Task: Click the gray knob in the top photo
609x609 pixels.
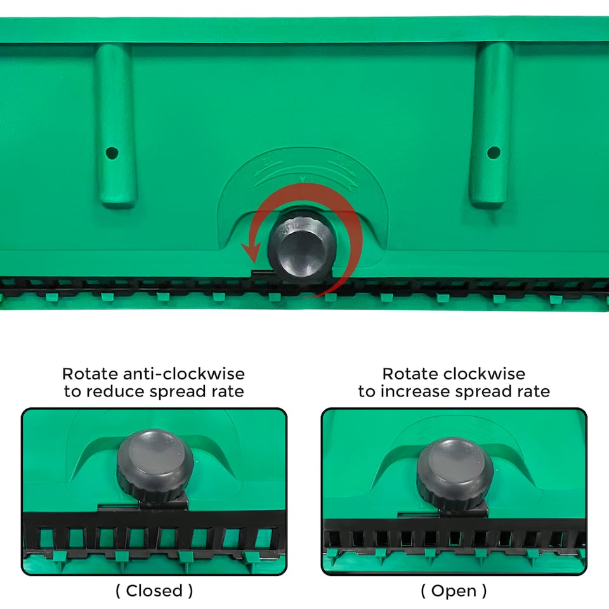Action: [302, 247]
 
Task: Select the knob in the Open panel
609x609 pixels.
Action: [455, 474]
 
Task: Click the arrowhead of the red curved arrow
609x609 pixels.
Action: [251, 252]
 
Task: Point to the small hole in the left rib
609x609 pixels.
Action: [112, 153]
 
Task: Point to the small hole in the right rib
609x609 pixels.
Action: [494, 152]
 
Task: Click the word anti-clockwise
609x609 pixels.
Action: [184, 374]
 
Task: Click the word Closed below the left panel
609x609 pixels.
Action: [154, 591]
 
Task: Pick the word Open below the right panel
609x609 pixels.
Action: [454, 591]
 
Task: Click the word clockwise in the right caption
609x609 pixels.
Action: [484, 374]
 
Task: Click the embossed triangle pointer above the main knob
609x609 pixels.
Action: [303, 180]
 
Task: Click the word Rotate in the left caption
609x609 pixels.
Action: [90, 374]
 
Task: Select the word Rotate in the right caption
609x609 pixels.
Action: [410, 374]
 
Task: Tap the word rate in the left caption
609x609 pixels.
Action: [228, 392]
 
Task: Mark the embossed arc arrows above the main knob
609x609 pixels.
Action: [306, 172]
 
